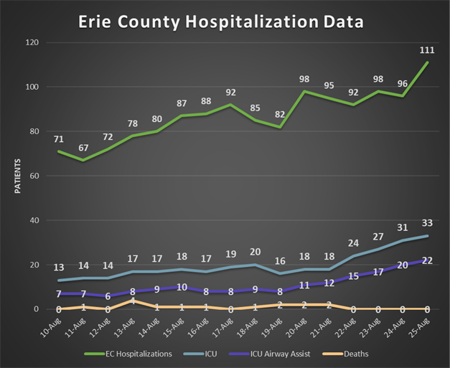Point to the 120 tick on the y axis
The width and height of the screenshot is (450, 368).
pos(31,43)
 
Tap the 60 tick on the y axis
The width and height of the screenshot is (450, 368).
pos(33,176)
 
